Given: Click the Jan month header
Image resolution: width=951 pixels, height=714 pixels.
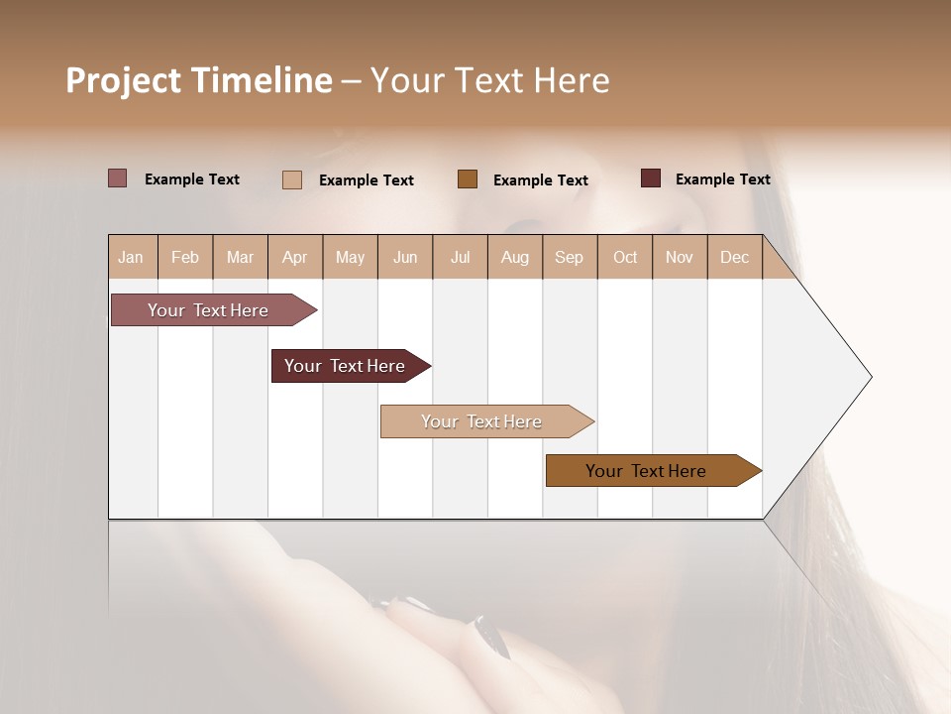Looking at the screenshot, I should coord(132,257).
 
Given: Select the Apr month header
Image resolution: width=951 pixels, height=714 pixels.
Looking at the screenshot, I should coord(295,257).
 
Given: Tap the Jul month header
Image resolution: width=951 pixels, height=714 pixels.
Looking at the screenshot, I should coord(460,257).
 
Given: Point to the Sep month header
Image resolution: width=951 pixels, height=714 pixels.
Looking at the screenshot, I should coord(569,257).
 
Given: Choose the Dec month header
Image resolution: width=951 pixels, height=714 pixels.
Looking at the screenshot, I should coord(734,257).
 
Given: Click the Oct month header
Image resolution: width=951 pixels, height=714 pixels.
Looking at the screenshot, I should coord(625,257).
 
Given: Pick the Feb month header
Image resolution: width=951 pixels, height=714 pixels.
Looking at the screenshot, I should coord(185,257).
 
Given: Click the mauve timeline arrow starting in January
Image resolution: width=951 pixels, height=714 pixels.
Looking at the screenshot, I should coord(208,310).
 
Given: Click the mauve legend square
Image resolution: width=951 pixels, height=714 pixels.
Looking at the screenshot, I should coord(117,178).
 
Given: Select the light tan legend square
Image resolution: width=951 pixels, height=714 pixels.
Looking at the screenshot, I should coord(292,179).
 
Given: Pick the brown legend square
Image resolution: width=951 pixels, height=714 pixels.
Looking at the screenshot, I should coord(468,178).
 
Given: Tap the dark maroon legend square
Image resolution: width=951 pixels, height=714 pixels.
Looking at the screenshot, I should coord(651,178).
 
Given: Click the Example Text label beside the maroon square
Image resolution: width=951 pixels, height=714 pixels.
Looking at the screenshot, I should coord(722,179).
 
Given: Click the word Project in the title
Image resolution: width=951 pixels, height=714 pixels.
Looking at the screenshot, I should coord(123,80).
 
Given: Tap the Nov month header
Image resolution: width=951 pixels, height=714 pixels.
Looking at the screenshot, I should coord(680,257).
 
